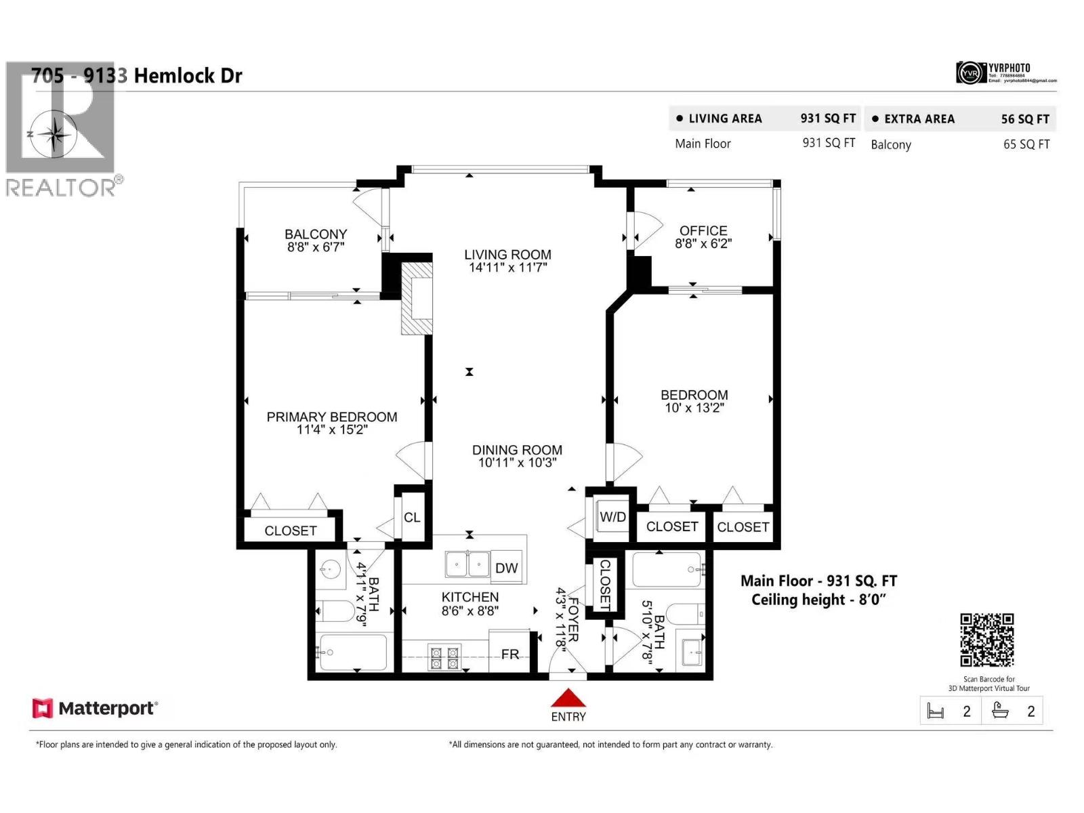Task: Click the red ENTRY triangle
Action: [x=568, y=699]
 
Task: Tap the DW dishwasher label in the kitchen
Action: [x=506, y=568]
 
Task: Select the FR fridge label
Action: [x=510, y=654]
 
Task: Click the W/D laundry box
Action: [x=612, y=517]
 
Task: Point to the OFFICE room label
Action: [x=703, y=231]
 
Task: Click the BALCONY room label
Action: [x=316, y=234]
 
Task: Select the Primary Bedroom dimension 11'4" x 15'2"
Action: [x=332, y=430]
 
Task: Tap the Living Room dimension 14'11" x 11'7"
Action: [x=507, y=268]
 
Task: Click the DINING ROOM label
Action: [x=517, y=450]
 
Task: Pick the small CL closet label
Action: [x=412, y=518]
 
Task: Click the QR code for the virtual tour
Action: [x=987, y=640]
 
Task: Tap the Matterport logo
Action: [x=95, y=709]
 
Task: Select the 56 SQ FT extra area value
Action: [x=1025, y=119]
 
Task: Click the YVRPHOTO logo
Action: [x=1005, y=72]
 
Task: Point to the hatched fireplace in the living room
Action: [x=417, y=298]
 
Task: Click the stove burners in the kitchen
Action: [x=444, y=657]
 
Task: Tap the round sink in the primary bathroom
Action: [x=330, y=570]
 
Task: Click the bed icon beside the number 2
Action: [x=936, y=711]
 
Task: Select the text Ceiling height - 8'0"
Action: [x=818, y=600]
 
